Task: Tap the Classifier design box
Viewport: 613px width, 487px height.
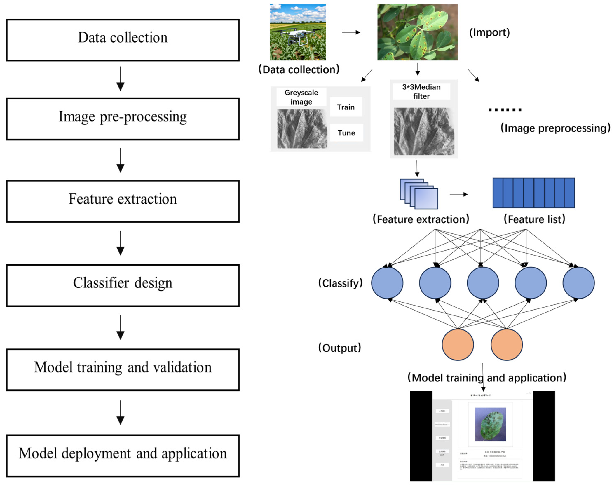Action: tap(123, 285)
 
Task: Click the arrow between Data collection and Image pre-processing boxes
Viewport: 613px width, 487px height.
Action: tap(121, 79)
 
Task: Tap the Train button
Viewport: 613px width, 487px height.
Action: tap(346, 107)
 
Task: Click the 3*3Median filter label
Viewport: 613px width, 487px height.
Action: tap(421, 91)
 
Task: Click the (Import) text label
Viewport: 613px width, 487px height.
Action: tap(489, 32)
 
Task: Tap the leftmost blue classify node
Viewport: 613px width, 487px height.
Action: tap(387, 282)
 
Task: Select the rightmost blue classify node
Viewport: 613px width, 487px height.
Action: tap(578, 282)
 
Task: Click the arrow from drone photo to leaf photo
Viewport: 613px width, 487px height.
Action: tap(351, 32)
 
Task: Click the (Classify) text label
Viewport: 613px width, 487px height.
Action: tap(340, 283)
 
